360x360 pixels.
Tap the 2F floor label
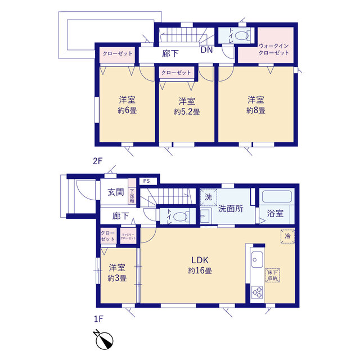97,161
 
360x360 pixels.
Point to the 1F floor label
98,319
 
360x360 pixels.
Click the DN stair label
206,50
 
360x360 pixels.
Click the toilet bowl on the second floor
242,36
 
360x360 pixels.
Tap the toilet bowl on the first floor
180,217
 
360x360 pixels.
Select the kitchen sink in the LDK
257,259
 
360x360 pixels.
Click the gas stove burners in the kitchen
257,292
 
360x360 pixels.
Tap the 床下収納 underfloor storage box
272,275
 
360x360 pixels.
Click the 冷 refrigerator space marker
287,236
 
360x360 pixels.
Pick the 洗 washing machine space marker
208,197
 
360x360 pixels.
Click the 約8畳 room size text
256,110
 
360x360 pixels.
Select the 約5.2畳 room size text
187,112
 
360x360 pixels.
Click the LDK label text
200,260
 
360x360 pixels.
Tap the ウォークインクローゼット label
274,49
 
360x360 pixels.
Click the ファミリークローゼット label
128,236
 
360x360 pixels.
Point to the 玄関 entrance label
116,192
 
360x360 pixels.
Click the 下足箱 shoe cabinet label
132,196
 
